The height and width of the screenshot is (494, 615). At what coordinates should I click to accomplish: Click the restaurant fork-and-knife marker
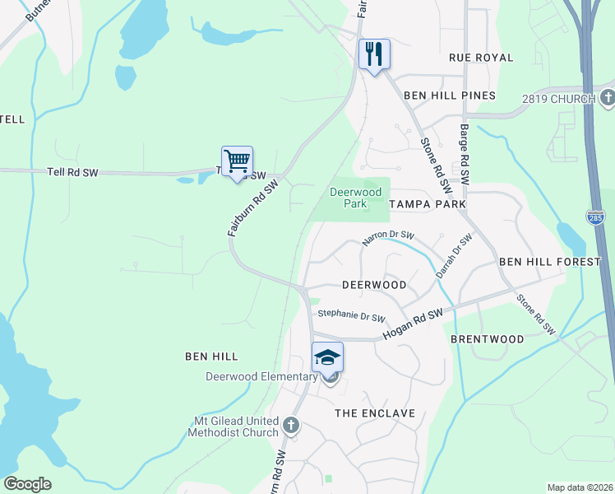pos(374,54)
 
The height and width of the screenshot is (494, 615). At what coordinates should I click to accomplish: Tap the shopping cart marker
pos(237,161)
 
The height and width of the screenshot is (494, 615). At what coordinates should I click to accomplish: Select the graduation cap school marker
pos(327,357)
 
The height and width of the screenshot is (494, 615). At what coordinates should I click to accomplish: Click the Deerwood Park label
pos(356,197)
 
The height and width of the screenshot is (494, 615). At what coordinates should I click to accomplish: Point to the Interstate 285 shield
pos(596,217)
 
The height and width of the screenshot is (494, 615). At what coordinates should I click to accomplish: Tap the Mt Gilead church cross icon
pos(289,426)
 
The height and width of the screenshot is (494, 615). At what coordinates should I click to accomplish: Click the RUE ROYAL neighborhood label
pos(481,58)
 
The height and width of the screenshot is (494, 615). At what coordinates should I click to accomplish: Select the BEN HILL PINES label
pos(450,96)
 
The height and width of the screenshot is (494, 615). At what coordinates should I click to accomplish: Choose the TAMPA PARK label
pos(427,203)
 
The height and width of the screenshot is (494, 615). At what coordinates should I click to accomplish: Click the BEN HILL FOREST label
pos(550,262)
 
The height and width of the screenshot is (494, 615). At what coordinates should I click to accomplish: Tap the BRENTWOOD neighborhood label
pos(488,339)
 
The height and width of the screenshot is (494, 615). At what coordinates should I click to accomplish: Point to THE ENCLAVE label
pos(374,412)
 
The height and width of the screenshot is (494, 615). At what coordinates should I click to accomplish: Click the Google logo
pos(27,484)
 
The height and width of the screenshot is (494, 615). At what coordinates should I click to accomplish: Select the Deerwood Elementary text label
pos(261,377)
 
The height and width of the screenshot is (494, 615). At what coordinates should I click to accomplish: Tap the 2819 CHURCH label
pos(558,100)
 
